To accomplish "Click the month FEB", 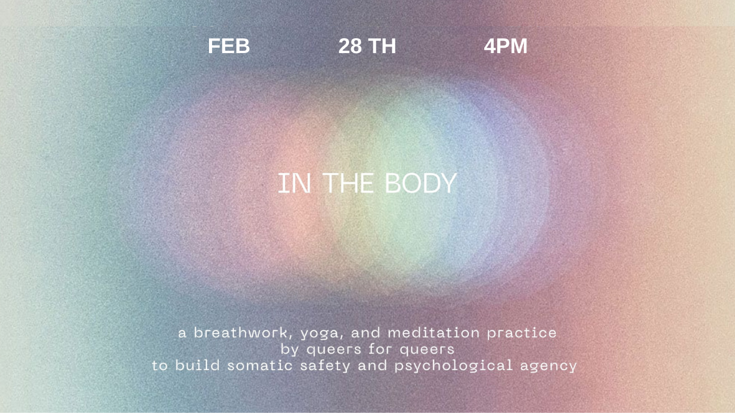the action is point(229,46).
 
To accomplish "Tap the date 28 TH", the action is point(367,46).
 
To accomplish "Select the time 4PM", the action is point(506,46).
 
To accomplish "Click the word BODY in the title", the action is point(421,183).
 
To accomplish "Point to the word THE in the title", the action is point(348,183).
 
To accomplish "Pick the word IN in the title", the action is point(295,183).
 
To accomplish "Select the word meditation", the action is point(433,333).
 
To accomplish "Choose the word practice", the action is point(522,334).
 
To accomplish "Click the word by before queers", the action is point(290,350).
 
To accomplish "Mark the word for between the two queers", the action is point(380,349).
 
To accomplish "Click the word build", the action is point(197,365).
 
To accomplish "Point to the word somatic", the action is point(259,365).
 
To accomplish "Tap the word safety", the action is point(325,367).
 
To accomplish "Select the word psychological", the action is point(454,367).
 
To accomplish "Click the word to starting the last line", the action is point(160,366).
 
